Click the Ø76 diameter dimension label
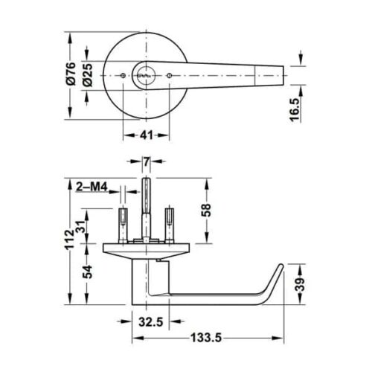point(70,74)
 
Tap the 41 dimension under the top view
point(146,136)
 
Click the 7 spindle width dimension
point(147,161)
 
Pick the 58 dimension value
point(207,211)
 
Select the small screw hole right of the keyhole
point(170,75)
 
